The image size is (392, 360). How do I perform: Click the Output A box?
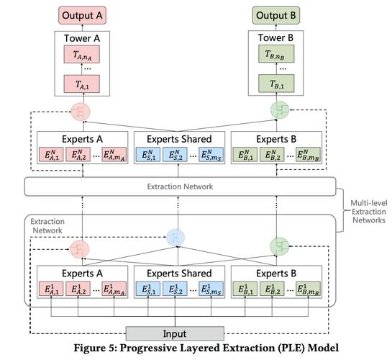click(x=82, y=16)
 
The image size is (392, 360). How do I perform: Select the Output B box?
click(x=275, y=16)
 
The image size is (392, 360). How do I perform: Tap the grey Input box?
click(x=175, y=333)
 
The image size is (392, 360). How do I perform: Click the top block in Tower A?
click(x=82, y=54)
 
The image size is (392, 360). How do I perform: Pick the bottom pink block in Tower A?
click(x=82, y=84)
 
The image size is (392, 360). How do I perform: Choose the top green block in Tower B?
click(x=276, y=54)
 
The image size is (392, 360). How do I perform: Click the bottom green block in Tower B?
click(x=276, y=84)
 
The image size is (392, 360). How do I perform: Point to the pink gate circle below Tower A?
click(x=81, y=112)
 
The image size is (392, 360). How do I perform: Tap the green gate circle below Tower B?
click(x=280, y=110)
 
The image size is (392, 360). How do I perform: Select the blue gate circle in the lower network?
click(x=176, y=238)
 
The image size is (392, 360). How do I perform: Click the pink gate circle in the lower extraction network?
click(x=80, y=249)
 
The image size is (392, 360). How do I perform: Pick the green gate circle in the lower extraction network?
click(x=280, y=246)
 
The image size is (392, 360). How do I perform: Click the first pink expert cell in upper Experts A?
click(x=51, y=154)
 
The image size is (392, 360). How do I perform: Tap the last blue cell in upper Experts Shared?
click(x=211, y=154)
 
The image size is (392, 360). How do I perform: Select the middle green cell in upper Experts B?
click(x=272, y=154)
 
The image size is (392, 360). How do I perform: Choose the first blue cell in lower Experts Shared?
click(x=148, y=289)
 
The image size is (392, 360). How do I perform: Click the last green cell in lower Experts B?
click(x=308, y=289)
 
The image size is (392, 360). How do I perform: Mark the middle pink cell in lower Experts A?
click(x=78, y=289)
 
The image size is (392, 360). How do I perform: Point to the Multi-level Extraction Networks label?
click(x=369, y=212)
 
